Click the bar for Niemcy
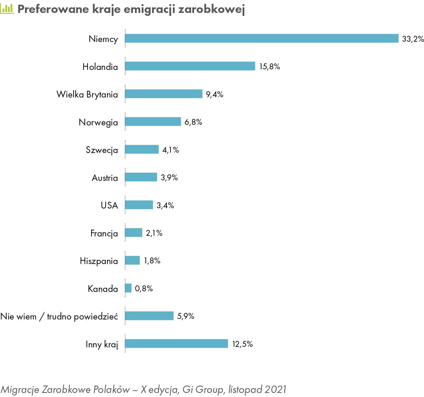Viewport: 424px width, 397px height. (x=262, y=38)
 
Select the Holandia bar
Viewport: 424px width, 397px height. (x=190, y=66)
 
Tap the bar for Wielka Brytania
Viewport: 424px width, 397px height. (x=164, y=94)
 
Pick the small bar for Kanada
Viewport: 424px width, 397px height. (x=128, y=288)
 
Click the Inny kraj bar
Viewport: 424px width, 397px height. (x=176, y=344)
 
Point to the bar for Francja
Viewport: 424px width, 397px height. (x=134, y=232)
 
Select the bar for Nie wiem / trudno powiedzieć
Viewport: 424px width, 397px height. (x=149, y=316)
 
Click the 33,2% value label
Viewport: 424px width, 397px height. (x=413, y=39)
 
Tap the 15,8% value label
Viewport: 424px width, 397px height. (x=270, y=67)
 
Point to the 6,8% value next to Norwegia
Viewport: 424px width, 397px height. (x=193, y=122)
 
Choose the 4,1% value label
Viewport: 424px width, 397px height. (x=171, y=150)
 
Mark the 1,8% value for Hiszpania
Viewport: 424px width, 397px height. (x=152, y=261)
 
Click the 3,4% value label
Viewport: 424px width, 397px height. (x=165, y=205)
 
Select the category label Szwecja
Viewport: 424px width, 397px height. (x=102, y=150)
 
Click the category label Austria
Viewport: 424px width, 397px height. (x=105, y=178)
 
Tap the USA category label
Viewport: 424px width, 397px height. (x=109, y=205)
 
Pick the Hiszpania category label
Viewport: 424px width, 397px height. (x=99, y=261)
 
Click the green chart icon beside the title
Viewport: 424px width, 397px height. (x=7, y=9)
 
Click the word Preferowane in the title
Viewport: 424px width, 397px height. (x=53, y=9)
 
